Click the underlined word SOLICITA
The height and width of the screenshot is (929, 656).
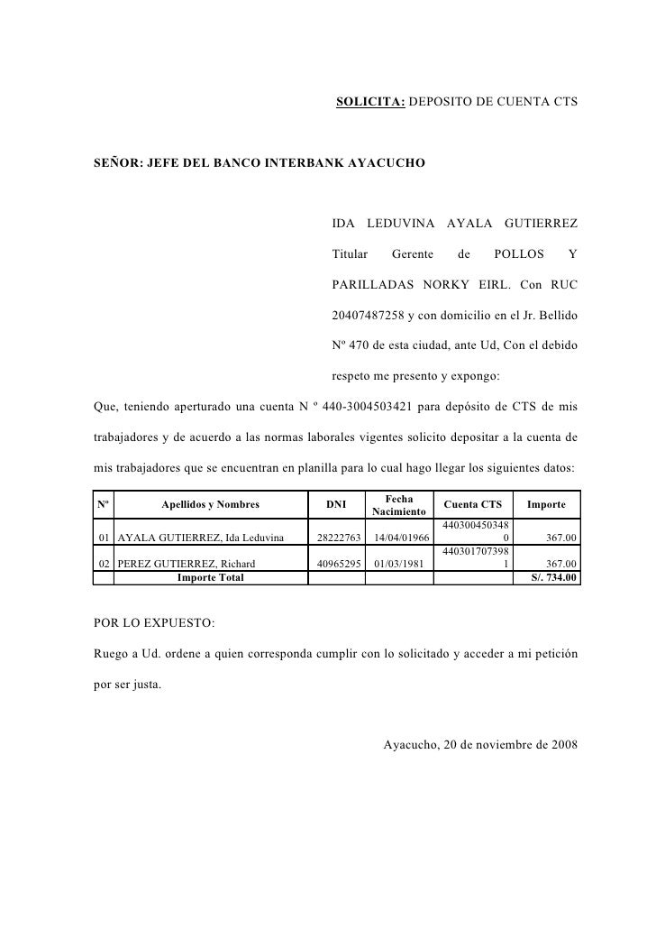(371, 104)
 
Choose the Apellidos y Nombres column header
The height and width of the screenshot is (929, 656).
(211, 504)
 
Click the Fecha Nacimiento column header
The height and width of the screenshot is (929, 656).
(399, 504)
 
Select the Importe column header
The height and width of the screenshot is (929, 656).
(546, 504)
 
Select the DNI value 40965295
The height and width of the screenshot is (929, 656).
(336, 565)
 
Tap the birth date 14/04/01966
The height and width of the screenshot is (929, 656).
(401, 538)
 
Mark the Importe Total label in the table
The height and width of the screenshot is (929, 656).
(210, 577)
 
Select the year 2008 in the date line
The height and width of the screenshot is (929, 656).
(563, 745)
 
